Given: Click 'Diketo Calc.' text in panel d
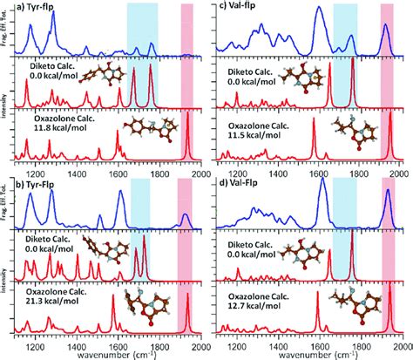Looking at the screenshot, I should [x=254, y=236].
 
